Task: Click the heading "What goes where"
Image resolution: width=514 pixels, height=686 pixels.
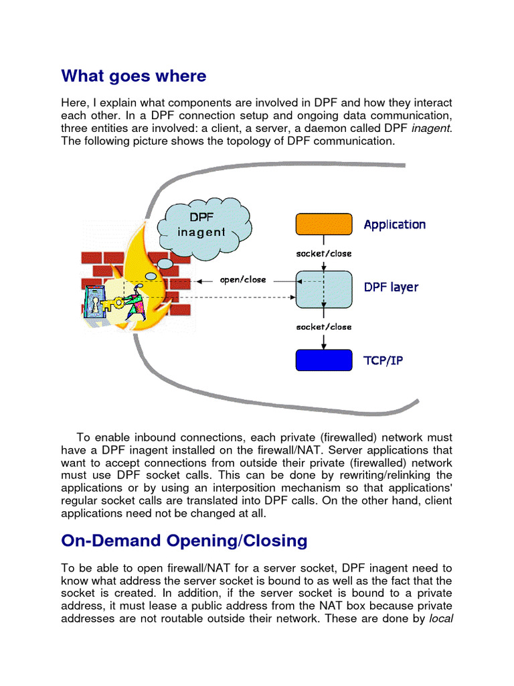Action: (x=134, y=76)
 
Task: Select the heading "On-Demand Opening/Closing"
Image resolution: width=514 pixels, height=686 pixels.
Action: (x=184, y=541)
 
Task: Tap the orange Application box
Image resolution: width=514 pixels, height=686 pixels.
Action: (x=324, y=224)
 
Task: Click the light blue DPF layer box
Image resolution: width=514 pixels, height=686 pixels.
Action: (x=324, y=289)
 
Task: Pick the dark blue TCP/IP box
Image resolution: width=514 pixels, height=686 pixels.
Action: (x=324, y=360)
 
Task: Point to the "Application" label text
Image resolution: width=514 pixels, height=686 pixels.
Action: (x=394, y=224)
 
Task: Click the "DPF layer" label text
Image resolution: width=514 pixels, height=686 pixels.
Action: (x=391, y=287)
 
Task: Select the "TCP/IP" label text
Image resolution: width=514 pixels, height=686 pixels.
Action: (x=383, y=361)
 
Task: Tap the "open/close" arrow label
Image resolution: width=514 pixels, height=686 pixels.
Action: (x=242, y=279)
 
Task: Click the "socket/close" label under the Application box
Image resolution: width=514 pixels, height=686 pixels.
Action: (x=324, y=254)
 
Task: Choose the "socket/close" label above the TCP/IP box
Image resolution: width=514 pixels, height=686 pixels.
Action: (x=324, y=327)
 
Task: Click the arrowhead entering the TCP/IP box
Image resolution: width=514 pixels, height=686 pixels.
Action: (x=324, y=346)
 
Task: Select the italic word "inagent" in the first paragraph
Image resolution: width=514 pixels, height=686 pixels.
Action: (x=431, y=129)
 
